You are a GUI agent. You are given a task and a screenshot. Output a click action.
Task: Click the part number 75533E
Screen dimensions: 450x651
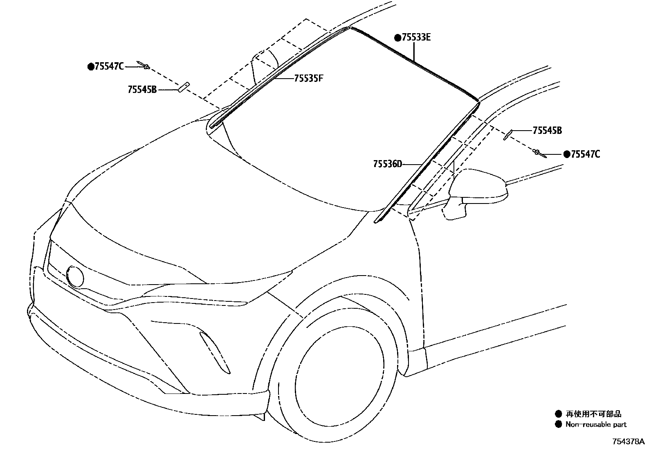(416, 38)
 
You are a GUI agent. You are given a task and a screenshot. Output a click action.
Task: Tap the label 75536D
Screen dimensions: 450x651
(387, 164)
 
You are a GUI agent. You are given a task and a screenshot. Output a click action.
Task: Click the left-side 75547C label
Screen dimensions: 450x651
(109, 66)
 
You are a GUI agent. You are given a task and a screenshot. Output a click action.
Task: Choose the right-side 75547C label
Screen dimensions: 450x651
(586, 154)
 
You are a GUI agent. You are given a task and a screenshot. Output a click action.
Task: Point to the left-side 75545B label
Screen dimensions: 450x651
(142, 89)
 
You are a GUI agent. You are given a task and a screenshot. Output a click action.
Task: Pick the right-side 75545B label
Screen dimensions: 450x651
(547, 131)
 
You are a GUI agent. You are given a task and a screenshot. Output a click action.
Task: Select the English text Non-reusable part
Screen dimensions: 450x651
(596, 425)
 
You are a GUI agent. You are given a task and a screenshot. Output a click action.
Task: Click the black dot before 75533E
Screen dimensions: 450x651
(397, 38)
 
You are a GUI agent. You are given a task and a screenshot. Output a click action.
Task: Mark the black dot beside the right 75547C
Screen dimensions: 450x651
(567, 154)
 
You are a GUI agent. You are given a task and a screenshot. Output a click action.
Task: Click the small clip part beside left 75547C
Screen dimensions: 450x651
(144, 65)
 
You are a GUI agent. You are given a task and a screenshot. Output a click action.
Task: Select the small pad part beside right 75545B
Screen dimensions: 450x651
(508, 134)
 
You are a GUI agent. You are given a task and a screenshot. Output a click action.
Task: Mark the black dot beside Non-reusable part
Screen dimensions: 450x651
(558, 425)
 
